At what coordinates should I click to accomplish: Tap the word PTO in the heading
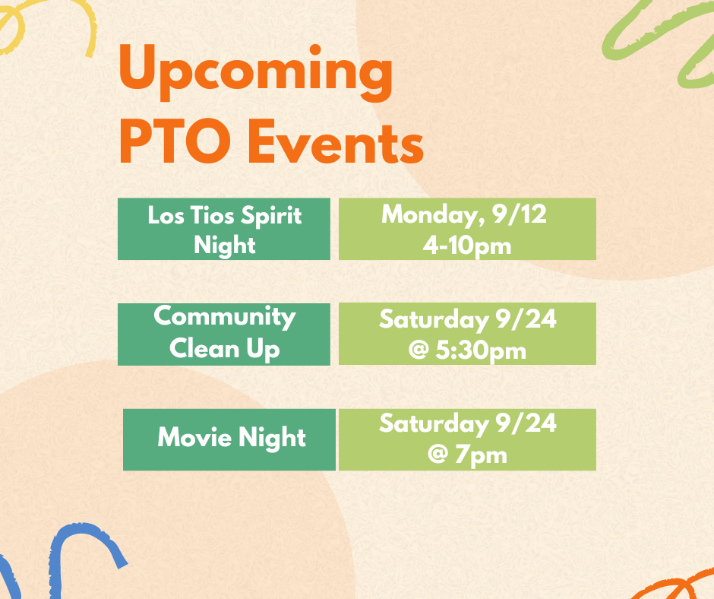[x=175, y=141]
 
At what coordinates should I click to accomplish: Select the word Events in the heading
[x=336, y=141]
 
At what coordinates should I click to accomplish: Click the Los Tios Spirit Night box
[x=224, y=229]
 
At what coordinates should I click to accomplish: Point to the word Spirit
[x=271, y=216]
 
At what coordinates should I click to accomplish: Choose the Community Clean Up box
[x=224, y=334]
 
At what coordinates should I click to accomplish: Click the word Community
[x=225, y=317]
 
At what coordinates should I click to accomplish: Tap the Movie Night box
[x=229, y=439]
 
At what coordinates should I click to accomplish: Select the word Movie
[x=195, y=437]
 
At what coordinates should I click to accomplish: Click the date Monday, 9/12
[x=464, y=214]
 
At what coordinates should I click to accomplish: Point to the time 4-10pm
[x=466, y=246]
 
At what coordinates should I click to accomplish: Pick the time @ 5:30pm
[x=467, y=350]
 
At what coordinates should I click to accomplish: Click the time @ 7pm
[x=467, y=455]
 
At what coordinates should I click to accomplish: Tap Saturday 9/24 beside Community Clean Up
[x=468, y=319]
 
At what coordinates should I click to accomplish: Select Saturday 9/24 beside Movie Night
[x=468, y=423]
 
